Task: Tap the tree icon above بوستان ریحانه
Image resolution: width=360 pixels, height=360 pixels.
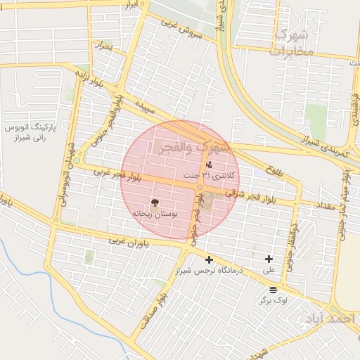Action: tap(155, 202)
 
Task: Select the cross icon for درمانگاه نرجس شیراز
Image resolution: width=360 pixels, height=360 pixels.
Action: tap(209, 259)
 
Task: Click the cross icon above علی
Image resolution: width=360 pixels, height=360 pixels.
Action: tap(269, 259)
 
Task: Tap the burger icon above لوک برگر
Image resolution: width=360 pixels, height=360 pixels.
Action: tap(273, 290)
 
